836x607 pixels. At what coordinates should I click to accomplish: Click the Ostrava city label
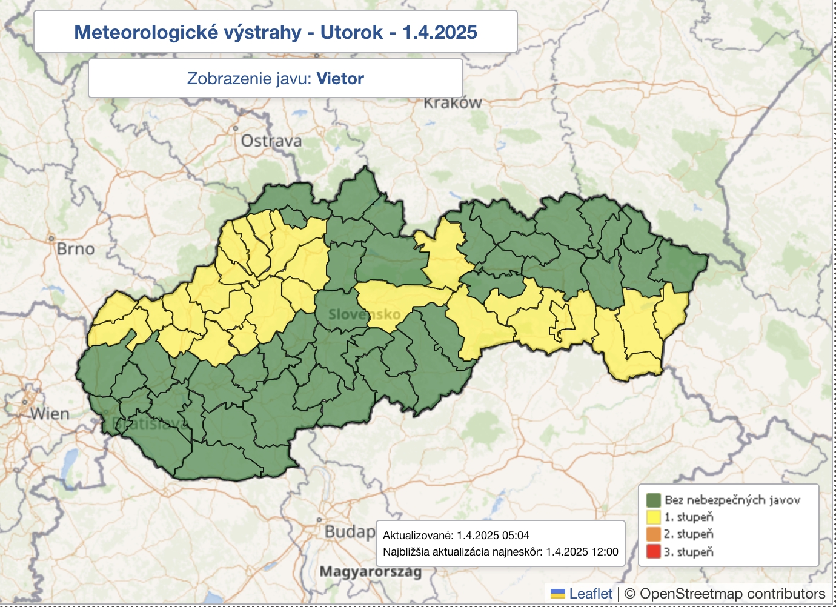[x=271, y=141]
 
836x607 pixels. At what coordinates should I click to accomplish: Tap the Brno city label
[x=76, y=249]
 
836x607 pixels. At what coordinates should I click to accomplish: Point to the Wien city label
[x=50, y=414]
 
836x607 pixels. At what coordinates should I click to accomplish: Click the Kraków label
[x=453, y=103]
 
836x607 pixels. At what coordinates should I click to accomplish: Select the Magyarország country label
[x=370, y=571]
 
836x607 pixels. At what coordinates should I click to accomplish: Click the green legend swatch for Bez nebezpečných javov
[x=653, y=500]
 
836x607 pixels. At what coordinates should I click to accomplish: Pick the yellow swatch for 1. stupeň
[x=653, y=517]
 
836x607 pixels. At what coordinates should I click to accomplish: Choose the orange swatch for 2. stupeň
[x=653, y=534]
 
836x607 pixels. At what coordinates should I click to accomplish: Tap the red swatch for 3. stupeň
[x=653, y=552]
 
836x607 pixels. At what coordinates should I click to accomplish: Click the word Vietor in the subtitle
[x=340, y=79]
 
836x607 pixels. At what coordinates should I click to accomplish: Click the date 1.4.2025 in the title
[x=440, y=32]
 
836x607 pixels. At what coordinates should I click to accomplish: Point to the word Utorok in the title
[x=351, y=32]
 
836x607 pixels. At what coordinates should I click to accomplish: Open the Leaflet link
[x=591, y=594]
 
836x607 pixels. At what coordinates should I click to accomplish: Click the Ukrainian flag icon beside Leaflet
[x=558, y=594]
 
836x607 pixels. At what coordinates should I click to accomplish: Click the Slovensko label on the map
[x=365, y=314]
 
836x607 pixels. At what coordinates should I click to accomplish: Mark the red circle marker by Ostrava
[x=236, y=128]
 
